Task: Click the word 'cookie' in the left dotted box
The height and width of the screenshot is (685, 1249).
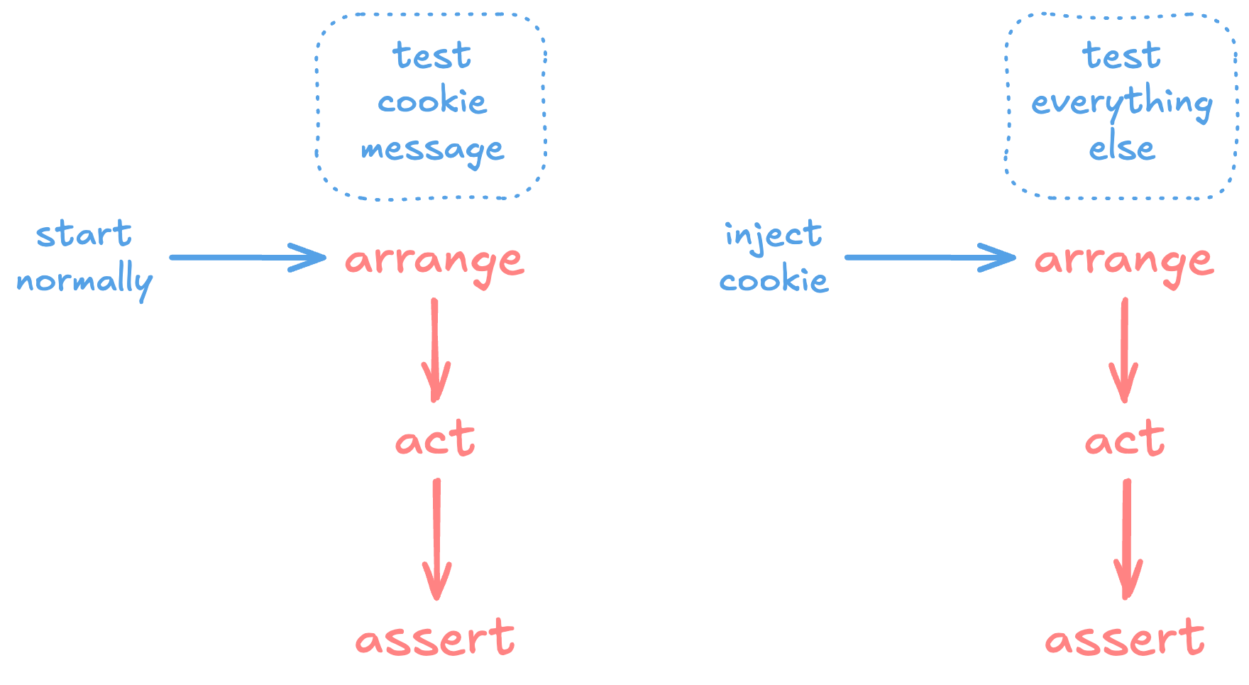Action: pyautogui.click(x=432, y=102)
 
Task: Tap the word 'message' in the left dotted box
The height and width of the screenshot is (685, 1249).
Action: pyautogui.click(x=432, y=150)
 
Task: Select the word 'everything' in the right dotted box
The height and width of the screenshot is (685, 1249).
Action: pyautogui.click(x=1121, y=104)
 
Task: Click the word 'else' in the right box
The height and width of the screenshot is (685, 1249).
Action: pyautogui.click(x=1122, y=148)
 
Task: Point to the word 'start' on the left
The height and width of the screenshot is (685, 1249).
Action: pyautogui.click(x=84, y=234)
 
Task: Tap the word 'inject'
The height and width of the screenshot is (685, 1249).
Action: pyautogui.click(x=773, y=235)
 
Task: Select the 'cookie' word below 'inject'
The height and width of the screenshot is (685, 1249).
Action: pyautogui.click(x=774, y=281)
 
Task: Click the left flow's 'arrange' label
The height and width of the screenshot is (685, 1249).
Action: pyautogui.click(x=434, y=261)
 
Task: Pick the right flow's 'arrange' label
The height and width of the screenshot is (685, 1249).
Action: pyautogui.click(x=1123, y=261)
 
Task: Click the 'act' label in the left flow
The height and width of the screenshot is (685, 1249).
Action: pyautogui.click(x=434, y=439)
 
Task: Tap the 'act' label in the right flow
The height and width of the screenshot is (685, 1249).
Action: pyautogui.click(x=1124, y=439)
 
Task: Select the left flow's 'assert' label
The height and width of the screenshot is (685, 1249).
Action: pyautogui.click(x=434, y=638)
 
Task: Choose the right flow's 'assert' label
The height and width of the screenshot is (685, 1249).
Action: pyautogui.click(x=1124, y=638)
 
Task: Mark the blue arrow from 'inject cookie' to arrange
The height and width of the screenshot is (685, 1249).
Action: pyautogui.click(x=930, y=257)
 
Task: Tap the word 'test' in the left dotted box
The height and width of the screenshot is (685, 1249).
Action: pyautogui.click(x=431, y=55)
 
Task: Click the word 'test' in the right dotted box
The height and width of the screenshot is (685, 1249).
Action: pyautogui.click(x=1121, y=55)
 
